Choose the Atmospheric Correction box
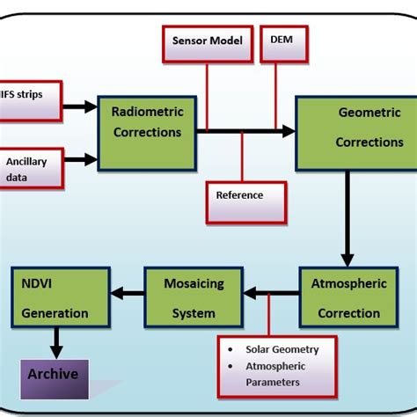348,297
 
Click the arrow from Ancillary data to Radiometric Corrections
80,159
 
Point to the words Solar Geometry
282,349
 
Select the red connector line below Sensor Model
208,97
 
